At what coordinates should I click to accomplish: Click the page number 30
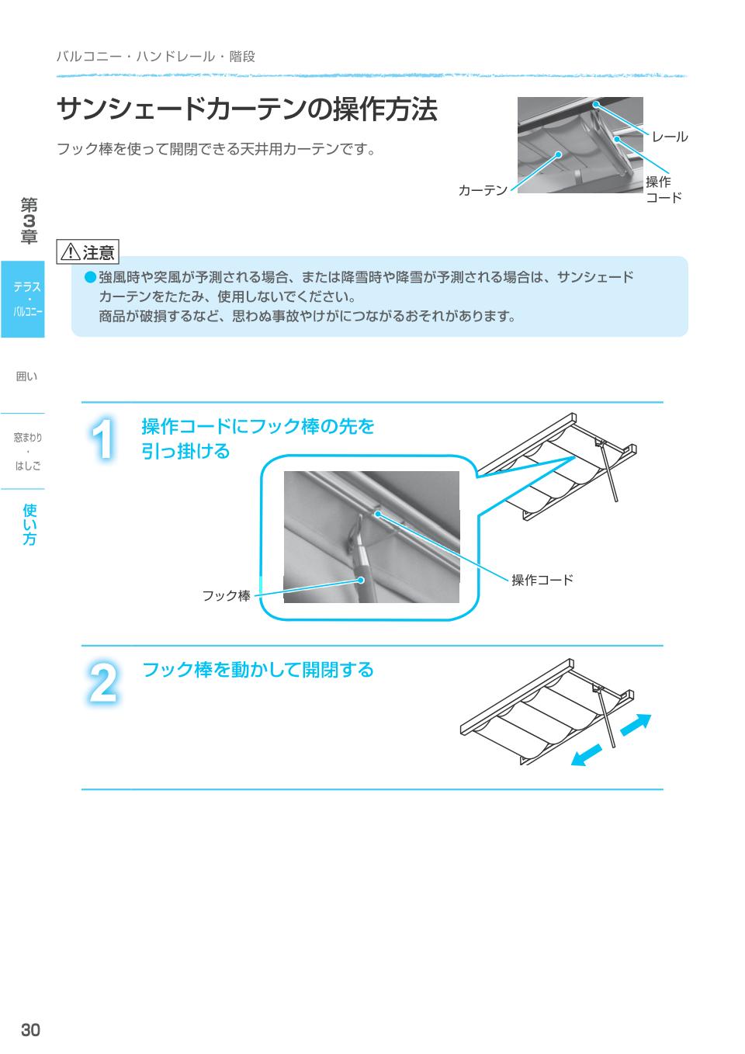(30, 1030)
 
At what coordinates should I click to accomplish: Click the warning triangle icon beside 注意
(71, 252)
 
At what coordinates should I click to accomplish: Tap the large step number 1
(102, 439)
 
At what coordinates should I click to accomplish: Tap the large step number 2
(103, 682)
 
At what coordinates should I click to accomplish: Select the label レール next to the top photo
(669, 137)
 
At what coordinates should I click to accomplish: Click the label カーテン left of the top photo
(483, 190)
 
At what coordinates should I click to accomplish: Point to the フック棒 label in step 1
(226, 596)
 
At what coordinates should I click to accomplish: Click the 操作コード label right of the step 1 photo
(542, 580)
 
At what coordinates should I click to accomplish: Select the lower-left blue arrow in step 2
(587, 755)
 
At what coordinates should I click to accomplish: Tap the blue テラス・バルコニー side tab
(23, 300)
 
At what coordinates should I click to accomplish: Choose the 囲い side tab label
(26, 376)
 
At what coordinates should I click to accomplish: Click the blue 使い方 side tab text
(29, 524)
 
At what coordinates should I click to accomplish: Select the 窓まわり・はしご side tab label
(28, 451)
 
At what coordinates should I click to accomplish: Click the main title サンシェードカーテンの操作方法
(247, 109)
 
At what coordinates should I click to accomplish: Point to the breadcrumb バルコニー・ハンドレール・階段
(156, 57)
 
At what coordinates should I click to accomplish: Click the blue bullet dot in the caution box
(90, 277)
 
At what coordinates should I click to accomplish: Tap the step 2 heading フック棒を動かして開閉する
(258, 669)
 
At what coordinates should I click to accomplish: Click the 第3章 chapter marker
(29, 220)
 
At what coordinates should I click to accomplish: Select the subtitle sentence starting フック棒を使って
(216, 149)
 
